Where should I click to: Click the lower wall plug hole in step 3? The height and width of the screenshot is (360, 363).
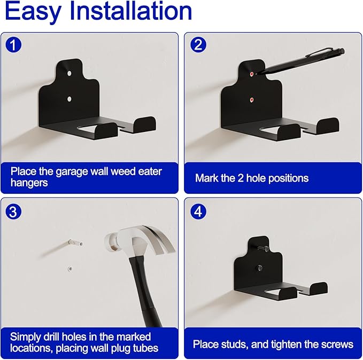tap(69, 268)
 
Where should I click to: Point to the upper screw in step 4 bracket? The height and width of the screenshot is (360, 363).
tap(260, 247)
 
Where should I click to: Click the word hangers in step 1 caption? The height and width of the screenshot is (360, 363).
tap(29, 183)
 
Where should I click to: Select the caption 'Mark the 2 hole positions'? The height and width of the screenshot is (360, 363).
tap(251, 178)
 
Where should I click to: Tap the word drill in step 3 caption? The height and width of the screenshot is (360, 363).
tap(57, 337)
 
